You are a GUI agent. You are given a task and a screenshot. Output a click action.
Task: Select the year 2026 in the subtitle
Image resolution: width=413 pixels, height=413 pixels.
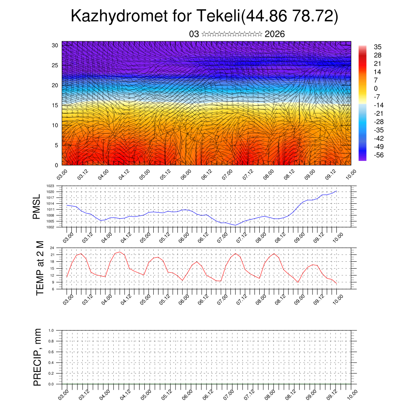275,34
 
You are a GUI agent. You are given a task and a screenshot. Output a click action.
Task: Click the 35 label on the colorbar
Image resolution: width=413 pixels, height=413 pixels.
378,47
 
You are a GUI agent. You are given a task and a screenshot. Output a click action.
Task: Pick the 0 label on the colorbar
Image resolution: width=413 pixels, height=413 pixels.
376,88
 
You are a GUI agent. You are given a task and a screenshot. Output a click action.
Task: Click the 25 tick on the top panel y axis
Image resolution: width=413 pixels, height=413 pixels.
55,65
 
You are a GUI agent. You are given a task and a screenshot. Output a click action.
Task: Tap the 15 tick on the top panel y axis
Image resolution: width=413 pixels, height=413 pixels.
55,105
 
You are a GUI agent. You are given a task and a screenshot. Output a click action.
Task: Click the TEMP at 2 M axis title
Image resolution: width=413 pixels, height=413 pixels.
40,268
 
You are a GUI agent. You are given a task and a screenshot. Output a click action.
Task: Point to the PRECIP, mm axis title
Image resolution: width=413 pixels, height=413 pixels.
38,357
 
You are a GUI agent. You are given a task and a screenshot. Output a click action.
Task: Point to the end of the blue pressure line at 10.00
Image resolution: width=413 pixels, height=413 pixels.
337,191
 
